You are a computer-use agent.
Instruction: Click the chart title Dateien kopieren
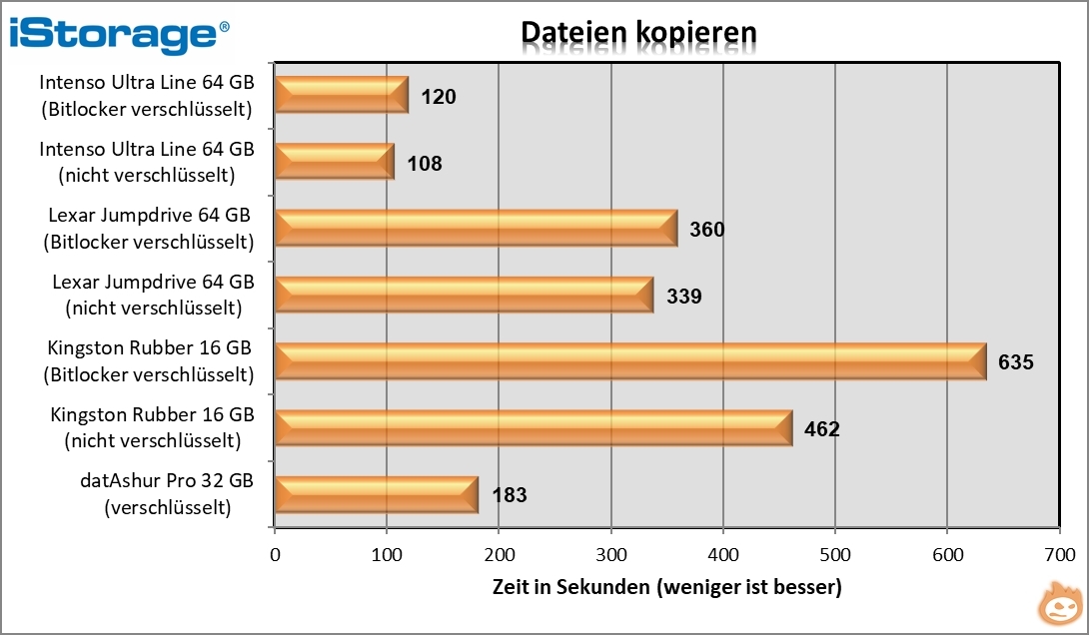pos(637,32)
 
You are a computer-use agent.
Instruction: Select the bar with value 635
pos(629,360)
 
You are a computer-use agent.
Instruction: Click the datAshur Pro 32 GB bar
pos(376,494)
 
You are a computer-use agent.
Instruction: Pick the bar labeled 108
pos(334,161)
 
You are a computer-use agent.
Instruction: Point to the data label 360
pos(706,230)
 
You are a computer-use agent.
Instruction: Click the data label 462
pos(822,430)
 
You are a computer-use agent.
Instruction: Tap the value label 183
pos(509,495)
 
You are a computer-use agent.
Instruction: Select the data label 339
pos(684,297)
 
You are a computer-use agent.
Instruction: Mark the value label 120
pos(439,97)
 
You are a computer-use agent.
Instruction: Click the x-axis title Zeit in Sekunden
pos(666,587)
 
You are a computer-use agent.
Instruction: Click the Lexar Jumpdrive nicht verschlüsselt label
pos(153,295)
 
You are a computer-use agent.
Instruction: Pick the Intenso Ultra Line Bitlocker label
pos(147,95)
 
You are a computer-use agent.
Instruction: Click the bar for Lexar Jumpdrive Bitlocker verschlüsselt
pos(476,228)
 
